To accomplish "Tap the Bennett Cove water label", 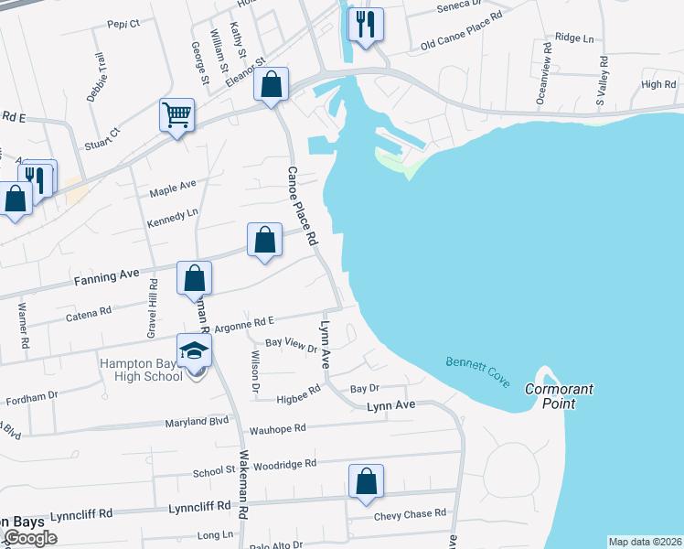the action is [477, 371].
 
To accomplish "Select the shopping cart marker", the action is [177, 116].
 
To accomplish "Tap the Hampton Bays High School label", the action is [141, 370].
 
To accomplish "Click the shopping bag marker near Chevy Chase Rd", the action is [366, 482].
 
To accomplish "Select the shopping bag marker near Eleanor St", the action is [271, 86].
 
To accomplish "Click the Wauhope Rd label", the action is [276, 427].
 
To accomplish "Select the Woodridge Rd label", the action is [285, 464].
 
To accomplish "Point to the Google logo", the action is [30, 538].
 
